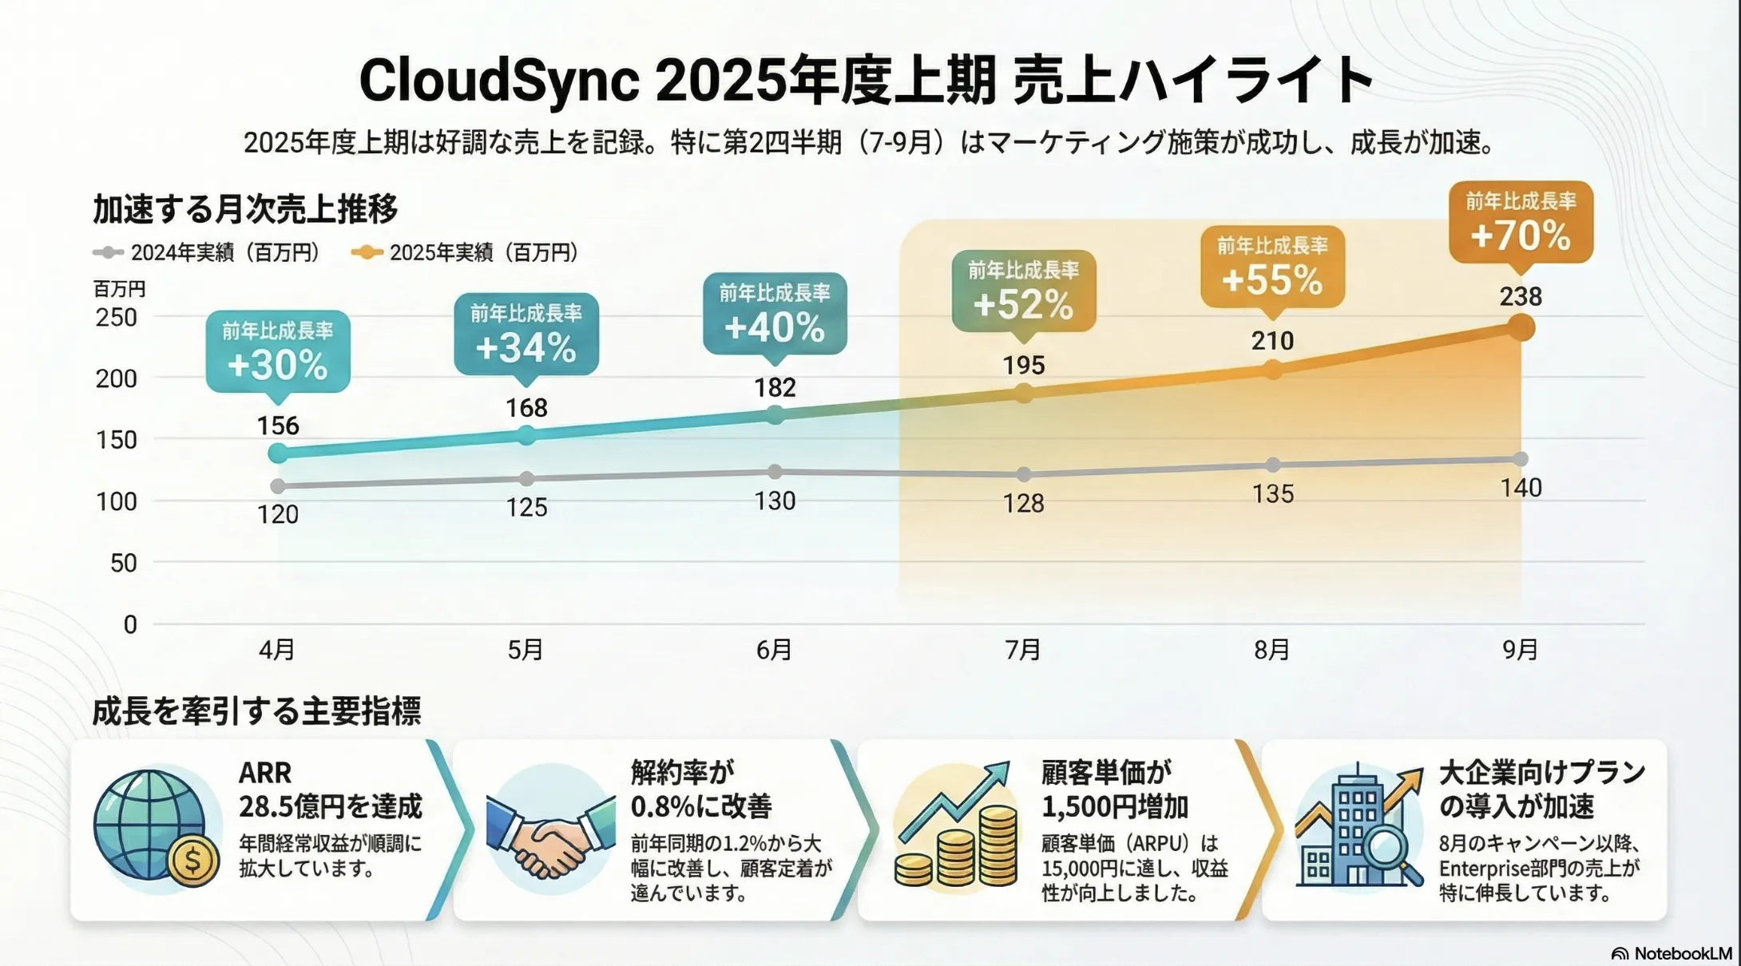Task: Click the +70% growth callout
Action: (1521, 222)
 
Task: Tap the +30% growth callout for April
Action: (278, 351)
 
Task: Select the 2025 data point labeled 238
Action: (1521, 327)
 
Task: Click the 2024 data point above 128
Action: (1024, 474)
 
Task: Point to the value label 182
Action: (775, 388)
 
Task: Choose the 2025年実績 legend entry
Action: (465, 252)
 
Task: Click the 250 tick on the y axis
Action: (117, 318)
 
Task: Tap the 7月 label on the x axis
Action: (1023, 650)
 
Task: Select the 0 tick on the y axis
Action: (130, 624)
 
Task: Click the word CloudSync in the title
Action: (499, 81)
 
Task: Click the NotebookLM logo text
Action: (1682, 953)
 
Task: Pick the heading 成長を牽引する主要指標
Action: (256, 711)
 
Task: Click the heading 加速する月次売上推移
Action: (245, 209)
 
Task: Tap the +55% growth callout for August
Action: (1272, 267)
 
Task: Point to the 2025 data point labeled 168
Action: (526, 435)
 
